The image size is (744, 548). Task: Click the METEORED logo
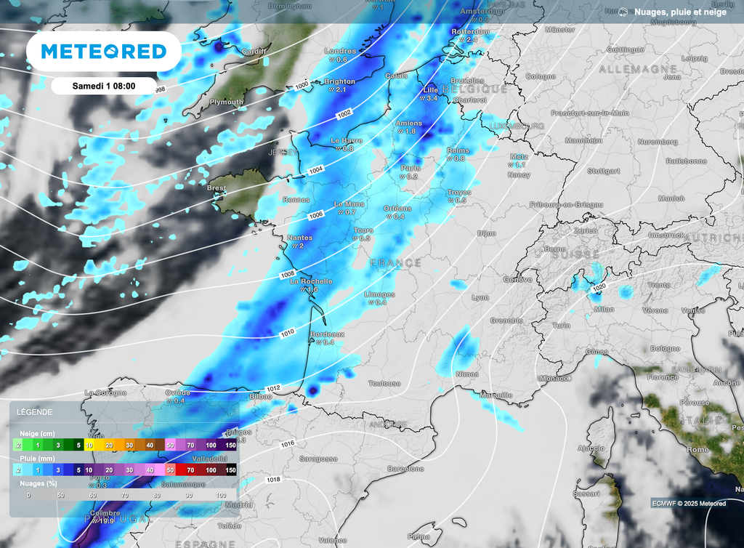pyautogui.click(x=104, y=51)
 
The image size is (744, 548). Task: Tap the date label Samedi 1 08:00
pyautogui.click(x=104, y=86)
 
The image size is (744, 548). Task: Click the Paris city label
pyautogui.click(x=411, y=168)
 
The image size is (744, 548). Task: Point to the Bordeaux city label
pyautogui.click(x=327, y=334)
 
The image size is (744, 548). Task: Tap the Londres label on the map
pyautogui.click(x=341, y=52)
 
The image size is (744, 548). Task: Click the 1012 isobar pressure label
pyautogui.click(x=274, y=389)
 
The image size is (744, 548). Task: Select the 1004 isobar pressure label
pyautogui.click(x=315, y=169)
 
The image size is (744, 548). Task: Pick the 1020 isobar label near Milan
pyautogui.click(x=599, y=287)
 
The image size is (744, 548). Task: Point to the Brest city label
pyautogui.click(x=217, y=188)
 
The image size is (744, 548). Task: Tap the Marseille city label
pyautogui.click(x=496, y=395)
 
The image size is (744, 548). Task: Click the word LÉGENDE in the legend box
pyautogui.click(x=34, y=412)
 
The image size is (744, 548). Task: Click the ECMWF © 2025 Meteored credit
pyautogui.click(x=689, y=504)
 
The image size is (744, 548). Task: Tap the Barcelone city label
pyautogui.click(x=405, y=469)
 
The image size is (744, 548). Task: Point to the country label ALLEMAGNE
pyautogui.click(x=628, y=68)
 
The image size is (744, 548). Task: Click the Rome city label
pyautogui.click(x=697, y=450)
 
